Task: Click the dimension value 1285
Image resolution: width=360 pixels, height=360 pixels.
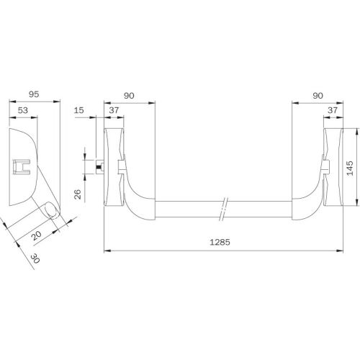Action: pyautogui.click(x=220, y=242)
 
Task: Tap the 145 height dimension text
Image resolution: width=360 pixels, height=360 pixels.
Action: pyautogui.click(x=350, y=168)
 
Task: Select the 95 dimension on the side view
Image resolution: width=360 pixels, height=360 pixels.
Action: pyautogui.click(x=34, y=94)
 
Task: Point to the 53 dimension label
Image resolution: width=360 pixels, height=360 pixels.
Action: pyautogui.click(x=23, y=110)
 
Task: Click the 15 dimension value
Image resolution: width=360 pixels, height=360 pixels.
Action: pyautogui.click(x=79, y=110)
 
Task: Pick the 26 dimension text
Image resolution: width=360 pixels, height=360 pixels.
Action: pyautogui.click(x=78, y=194)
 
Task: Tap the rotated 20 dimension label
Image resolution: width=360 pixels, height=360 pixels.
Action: pyautogui.click(x=37, y=235)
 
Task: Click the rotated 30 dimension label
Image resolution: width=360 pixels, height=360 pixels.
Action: pyautogui.click(x=35, y=258)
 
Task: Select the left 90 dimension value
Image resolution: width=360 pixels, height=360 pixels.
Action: pyautogui.click(x=129, y=96)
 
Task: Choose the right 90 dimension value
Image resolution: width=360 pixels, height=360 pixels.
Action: pyautogui.click(x=318, y=96)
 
